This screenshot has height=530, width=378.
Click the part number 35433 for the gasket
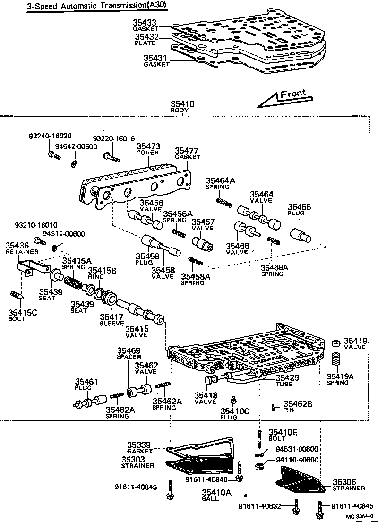(x=144, y=22)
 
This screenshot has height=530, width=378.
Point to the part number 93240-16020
(x=50, y=135)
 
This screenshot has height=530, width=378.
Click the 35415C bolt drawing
(x=16, y=297)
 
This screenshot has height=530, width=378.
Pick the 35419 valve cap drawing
(x=335, y=342)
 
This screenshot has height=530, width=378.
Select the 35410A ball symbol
(x=246, y=495)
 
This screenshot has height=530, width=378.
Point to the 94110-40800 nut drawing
(x=259, y=466)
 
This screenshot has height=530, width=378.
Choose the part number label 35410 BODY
(x=182, y=106)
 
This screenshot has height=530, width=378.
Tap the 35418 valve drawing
(x=210, y=381)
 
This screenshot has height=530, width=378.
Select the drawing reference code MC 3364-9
(x=360, y=516)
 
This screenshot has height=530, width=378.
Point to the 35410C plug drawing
(x=232, y=401)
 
